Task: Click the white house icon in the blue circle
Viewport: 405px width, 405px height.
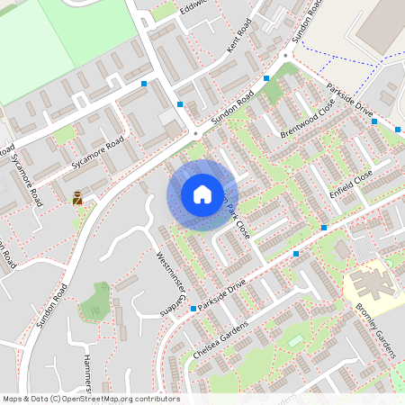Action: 202,194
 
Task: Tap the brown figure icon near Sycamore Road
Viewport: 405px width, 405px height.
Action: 78,197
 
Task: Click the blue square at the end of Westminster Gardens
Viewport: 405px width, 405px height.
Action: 193,309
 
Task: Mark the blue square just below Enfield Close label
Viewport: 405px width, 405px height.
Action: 324,228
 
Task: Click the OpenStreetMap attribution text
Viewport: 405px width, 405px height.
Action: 90,398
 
